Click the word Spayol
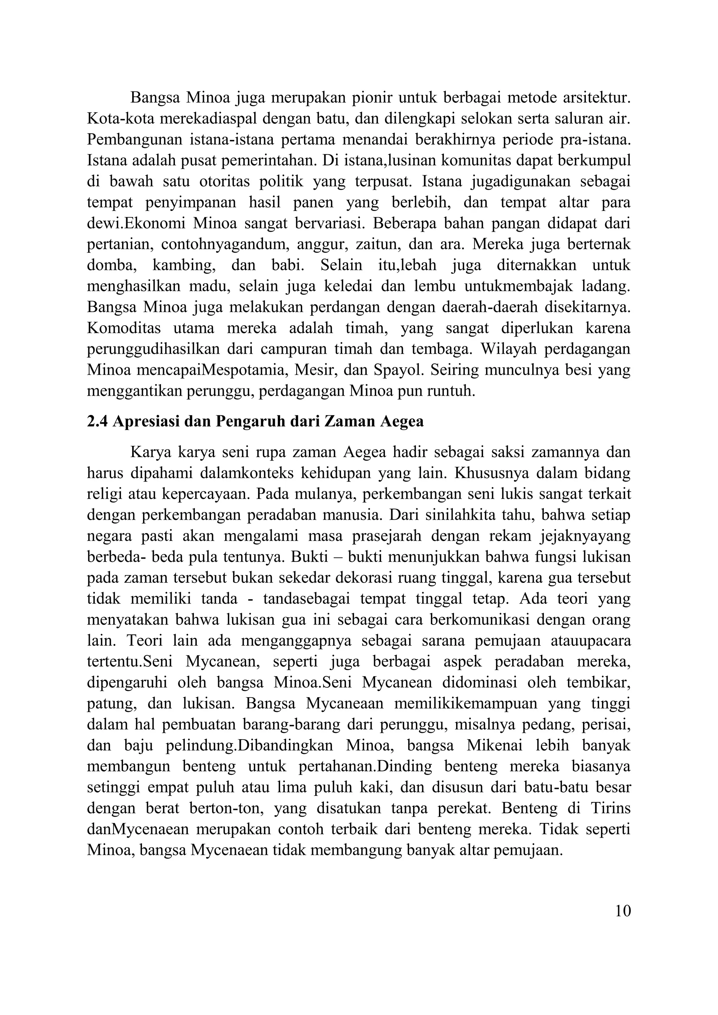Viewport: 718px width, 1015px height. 398,370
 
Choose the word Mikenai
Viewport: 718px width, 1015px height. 494,745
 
